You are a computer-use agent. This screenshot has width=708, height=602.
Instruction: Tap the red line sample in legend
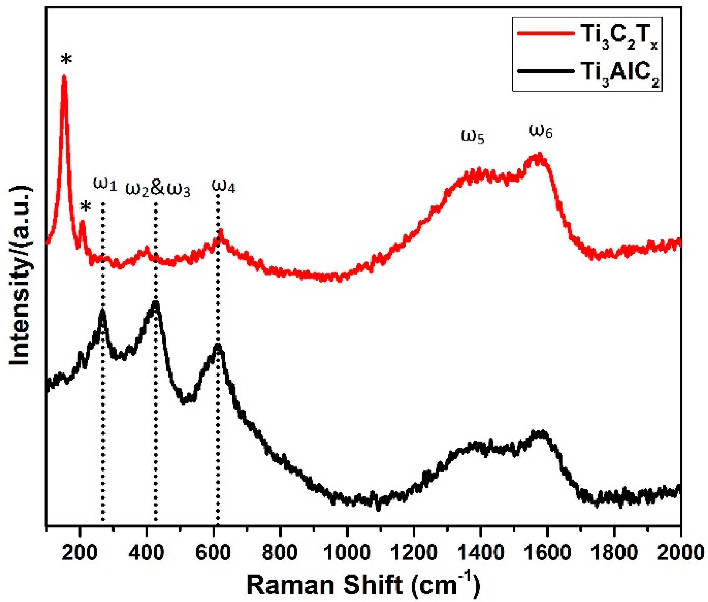pos(545,33)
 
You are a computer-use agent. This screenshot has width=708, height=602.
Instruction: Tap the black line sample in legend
pos(545,71)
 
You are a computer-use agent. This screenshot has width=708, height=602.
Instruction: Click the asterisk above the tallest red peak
pos(66,60)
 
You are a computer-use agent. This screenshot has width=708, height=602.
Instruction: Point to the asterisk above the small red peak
pos(86,207)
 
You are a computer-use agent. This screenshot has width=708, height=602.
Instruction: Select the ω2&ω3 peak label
pos(157,188)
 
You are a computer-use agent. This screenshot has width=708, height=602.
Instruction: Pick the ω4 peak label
pos(223,186)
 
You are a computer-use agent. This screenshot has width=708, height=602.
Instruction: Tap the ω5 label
pos(472,136)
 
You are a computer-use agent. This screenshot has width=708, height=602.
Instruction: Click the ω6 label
pos(541,131)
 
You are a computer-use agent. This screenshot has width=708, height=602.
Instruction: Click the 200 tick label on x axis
pos(79,553)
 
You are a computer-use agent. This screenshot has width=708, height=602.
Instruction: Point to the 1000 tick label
pos(347,553)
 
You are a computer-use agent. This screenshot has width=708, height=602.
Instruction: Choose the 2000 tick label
pos(680,553)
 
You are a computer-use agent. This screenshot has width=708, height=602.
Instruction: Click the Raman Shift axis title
pos(363,584)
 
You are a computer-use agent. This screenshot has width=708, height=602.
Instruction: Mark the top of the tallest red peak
pos(64,77)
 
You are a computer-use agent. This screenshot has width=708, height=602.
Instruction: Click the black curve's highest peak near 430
pos(155,303)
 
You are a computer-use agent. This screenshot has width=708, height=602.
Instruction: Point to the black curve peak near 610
pos(218,346)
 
